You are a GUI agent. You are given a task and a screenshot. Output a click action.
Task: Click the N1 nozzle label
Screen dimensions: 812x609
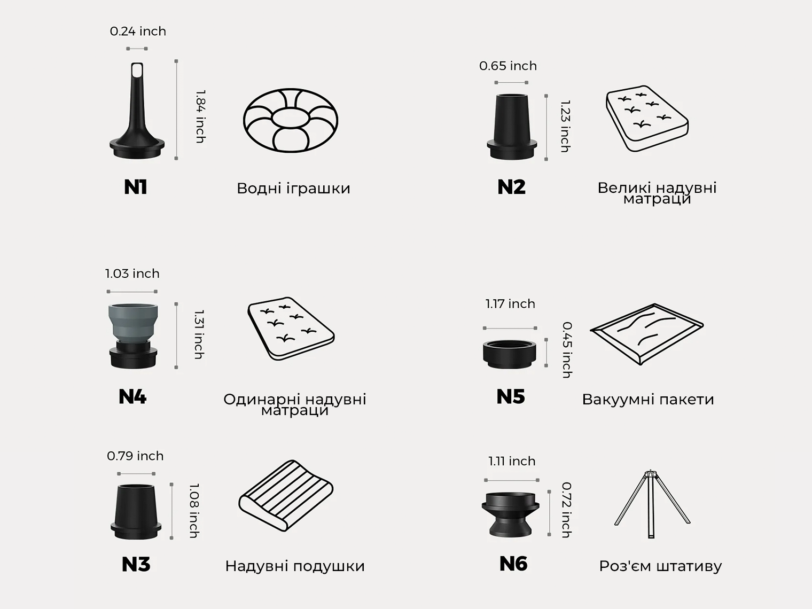pos(135,187)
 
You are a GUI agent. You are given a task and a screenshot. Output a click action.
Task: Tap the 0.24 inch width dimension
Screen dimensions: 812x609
pos(138,31)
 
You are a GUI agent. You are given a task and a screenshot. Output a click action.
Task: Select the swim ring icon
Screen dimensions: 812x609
pos(291,120)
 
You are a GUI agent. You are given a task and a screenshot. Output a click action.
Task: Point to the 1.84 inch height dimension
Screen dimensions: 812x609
pos(200,116)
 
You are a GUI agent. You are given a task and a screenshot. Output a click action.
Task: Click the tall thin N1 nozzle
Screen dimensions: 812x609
pos(137,111)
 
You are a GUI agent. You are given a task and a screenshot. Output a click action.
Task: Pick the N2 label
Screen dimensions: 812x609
pos(511,187)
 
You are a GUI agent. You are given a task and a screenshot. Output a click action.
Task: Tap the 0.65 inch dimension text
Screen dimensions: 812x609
pos(508,66)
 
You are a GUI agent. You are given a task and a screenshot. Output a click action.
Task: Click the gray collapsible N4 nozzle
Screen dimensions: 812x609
pos(133,335)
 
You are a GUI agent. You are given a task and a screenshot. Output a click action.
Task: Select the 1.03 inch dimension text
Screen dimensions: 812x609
pos(132,274)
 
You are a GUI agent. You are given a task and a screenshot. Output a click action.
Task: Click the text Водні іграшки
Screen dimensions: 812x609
pos(293,188)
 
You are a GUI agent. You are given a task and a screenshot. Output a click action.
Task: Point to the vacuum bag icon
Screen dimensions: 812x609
pos(646,334)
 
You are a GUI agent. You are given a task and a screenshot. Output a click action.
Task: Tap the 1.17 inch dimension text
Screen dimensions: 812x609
pos(510,304)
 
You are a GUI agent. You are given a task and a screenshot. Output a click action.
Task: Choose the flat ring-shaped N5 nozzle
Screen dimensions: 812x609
pos(510,354)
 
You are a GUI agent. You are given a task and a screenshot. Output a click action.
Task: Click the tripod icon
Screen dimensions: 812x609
pos(652,504)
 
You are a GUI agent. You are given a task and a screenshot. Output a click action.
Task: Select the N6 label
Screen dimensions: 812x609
pos(513,564)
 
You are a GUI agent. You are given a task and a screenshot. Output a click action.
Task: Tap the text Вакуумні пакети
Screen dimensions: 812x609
pos(648,400)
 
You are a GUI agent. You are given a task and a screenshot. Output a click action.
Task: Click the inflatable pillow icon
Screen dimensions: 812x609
pos(286,496)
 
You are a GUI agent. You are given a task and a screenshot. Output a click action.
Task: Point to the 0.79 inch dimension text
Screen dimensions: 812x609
pos(135,456)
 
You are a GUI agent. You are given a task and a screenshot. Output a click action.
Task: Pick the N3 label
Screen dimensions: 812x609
pos(136,565)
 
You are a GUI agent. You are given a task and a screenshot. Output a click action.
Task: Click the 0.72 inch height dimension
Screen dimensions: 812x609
pos(566,510)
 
